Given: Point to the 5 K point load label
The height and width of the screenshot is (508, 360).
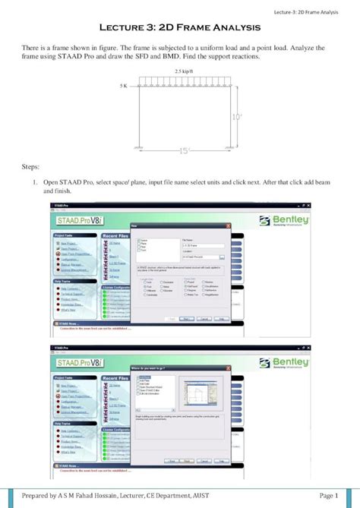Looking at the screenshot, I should tap(124, 86).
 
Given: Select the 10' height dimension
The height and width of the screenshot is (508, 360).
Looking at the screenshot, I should tap(236, 116).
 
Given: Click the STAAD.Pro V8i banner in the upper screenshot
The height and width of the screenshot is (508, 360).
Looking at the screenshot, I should tap(77, 221).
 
